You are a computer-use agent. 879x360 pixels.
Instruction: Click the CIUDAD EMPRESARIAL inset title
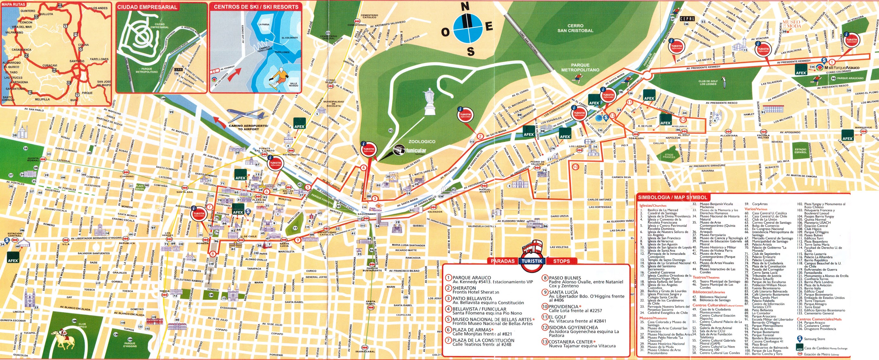pos(147,7)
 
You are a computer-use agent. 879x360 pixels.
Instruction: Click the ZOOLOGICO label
pos(422,141)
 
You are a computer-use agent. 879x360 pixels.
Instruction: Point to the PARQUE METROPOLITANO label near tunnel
pos(580,67)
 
